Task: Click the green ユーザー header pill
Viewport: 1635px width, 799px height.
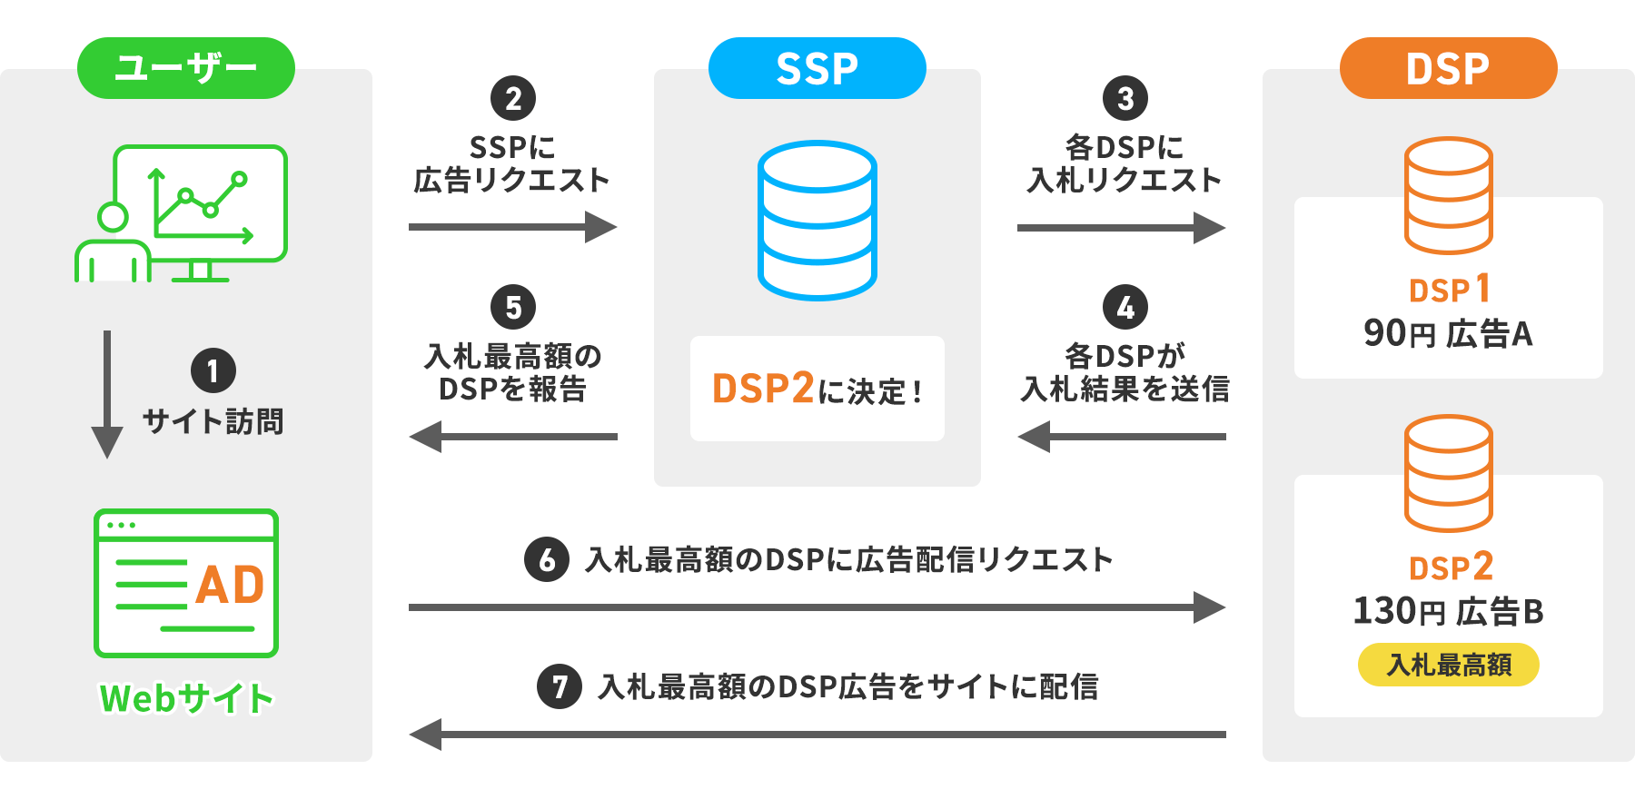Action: pos(186,68)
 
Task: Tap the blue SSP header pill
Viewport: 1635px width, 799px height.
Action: pos(817,68)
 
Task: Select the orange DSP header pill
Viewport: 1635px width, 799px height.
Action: pos(1448,68)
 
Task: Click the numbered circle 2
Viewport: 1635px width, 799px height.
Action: pos(513,98)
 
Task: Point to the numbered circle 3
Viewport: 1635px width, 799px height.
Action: pos(1125,98)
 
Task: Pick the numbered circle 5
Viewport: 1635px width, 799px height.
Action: pos(513,307)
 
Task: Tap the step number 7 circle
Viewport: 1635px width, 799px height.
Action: pos(560,686)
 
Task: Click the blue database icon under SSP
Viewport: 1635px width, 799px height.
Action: pos(817,221)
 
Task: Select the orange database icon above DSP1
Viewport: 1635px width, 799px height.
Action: pos(1448,195)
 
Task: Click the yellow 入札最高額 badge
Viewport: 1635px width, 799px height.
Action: pos(1448,665)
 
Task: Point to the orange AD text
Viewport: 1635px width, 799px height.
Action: pos(230,585)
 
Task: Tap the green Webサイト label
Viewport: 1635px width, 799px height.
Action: pos(186,698)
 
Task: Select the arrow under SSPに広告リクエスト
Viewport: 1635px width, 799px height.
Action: pos(513,227)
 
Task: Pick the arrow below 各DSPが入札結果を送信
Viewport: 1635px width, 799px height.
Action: pos(1122,437)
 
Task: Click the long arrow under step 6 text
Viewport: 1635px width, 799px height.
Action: pos(817,607)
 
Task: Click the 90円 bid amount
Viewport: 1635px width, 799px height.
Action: pos(1399,333)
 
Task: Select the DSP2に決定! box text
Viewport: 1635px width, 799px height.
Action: pos(817,390)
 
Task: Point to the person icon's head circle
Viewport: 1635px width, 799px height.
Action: pos(113,217)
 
